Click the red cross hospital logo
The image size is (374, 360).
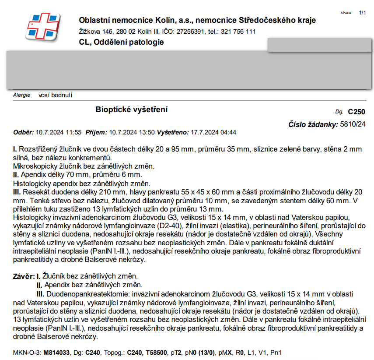(x=42, y=27)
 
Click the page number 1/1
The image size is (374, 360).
(x=362, y=13)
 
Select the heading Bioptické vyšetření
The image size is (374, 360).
(x=132, y=109)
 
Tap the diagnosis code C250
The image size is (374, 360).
(x=356, y=112)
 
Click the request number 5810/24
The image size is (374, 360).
(x=353, y=124)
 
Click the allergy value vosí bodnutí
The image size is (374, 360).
(x=55, y=95)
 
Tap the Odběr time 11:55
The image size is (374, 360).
(x=73, y=132)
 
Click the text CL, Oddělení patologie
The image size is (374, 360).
(x=121, y=42)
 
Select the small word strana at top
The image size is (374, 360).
(x=346, y=13)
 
